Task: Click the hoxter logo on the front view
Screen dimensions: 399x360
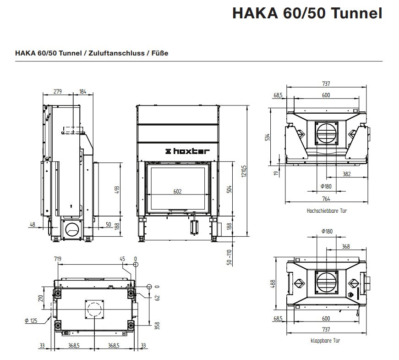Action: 187,151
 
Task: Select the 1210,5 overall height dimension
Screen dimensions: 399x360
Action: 244,171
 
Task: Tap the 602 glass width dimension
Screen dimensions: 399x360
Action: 178,191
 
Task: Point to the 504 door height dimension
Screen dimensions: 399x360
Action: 229,189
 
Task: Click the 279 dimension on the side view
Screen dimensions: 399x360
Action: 58,91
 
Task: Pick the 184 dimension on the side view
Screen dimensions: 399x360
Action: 83,91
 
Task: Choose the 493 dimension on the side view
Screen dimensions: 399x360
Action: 117,190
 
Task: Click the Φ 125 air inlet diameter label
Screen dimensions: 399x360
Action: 31,321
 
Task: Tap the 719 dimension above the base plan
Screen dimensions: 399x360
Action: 58,259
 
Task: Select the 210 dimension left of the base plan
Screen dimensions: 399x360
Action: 41,298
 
